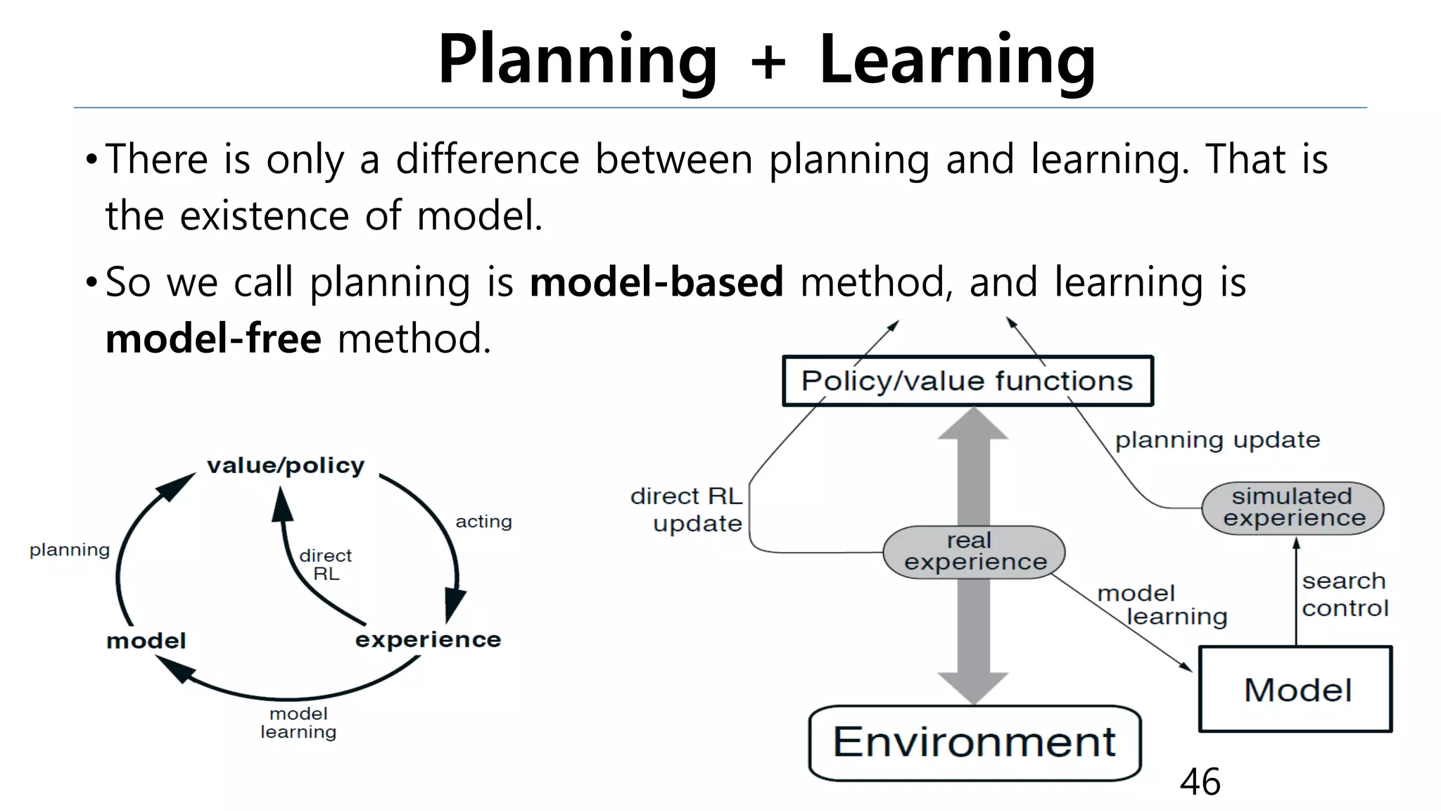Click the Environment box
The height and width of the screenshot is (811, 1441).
[x=975, y=743]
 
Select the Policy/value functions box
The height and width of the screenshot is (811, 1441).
[x=967, y=381]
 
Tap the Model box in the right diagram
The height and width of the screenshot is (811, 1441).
[x=1296, y=689]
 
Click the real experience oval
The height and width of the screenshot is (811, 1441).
[x=975, y=552]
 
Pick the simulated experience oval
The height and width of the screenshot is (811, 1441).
[x=1293, y=508]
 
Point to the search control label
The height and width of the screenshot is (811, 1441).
[x=1344, y=594]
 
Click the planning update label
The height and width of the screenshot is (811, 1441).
[x=1217, y=440]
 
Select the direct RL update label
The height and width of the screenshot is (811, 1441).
[x=688, y=510]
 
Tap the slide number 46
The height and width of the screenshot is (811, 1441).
[x=1200, y=782]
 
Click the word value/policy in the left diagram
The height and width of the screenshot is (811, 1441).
[x=286, y=465]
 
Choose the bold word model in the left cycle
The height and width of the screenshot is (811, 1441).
[x=146, y=641]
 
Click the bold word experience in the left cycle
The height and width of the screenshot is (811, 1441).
[x=428, y=639]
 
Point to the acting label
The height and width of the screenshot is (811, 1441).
[x=483, y=522]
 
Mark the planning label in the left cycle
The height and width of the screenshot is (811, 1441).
[x=70, y=550]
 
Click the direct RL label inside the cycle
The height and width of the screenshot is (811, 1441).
[x=325, y=565]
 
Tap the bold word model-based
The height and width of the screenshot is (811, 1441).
[x=656, y=282]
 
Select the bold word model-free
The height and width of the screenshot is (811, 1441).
[x=213, y=339]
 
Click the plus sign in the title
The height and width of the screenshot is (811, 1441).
[x=768, y=61]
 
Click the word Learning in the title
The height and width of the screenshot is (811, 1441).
[x=957, y=61]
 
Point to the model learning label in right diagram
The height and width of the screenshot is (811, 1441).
[x=1161, y=605]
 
